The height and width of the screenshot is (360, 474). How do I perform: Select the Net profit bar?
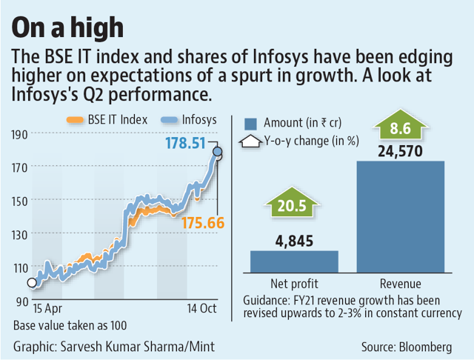(294, 261)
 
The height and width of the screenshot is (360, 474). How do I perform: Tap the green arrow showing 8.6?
(401, 128)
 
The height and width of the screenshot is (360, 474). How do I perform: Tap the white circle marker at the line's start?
(31, 282)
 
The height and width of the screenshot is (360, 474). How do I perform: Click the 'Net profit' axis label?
(294, 284)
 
